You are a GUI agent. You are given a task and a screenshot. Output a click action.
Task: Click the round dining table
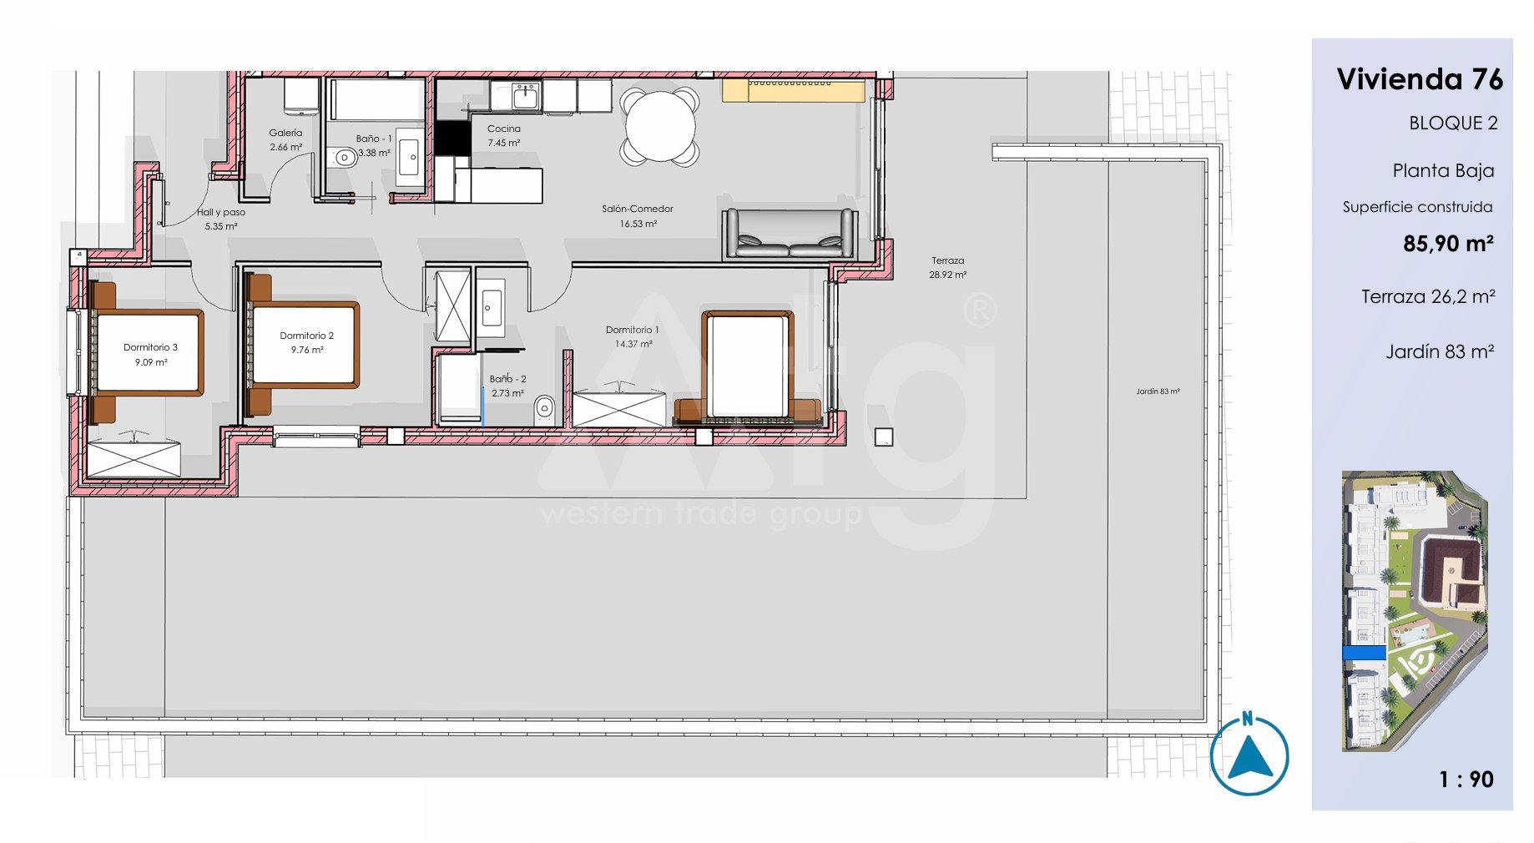coord(659,127)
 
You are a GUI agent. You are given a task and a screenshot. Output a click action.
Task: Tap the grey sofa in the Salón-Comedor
coord(789,233)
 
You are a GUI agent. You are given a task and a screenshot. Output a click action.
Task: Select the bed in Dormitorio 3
coord(147,352)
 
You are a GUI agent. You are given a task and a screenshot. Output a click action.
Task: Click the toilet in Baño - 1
coord(342,157)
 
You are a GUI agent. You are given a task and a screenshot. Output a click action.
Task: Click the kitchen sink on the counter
coord(526,97)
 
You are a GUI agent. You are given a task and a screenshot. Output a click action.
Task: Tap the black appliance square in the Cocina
coord(452,138)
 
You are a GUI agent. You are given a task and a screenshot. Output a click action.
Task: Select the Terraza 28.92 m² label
coord(948,267)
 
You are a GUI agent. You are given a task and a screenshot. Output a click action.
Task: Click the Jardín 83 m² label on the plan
coord(1158,391)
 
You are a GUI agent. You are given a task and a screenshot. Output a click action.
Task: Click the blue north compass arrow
coord(1249,755)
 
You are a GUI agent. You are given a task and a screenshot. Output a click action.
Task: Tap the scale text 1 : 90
coord(1466,780)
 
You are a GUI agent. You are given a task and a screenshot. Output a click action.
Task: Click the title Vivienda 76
coord(1420,79)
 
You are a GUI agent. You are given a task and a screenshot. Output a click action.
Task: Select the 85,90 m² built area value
coord(1448,244)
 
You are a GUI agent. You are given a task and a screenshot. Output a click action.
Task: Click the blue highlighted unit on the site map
coord(1364,653)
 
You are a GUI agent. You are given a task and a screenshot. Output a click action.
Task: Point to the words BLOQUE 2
coord(1453,124)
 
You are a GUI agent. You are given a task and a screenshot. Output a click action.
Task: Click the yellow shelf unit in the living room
coord(793,90)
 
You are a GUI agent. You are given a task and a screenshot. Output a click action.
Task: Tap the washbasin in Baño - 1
coord(409,157)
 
